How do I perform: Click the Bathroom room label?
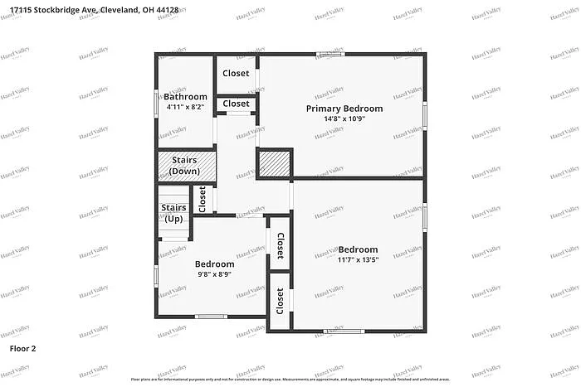tap(186, 97)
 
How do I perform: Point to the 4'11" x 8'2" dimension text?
tap(186, 107)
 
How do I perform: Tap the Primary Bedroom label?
tap(344, 109)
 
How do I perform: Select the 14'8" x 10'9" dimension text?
tap(344, 119)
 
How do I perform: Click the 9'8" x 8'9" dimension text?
tap(214, 273)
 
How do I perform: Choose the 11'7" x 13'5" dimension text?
tap(358, 259)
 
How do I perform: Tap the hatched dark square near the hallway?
tap(276, 163)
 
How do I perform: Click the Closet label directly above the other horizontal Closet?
tap(237, 74)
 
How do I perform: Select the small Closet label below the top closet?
tap(237, 104)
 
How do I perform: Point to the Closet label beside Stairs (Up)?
tap(202, 198)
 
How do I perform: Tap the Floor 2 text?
tap(22, 349)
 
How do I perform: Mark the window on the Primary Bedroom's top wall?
tap(330, 55)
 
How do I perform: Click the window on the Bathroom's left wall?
tap(156, 102)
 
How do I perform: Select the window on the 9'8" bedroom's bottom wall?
tap(210, 316)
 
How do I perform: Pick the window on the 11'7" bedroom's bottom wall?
tap(343, 331)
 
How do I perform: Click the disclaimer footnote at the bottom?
tap(290, 380)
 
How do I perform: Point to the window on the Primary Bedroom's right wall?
tap(424, 116)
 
